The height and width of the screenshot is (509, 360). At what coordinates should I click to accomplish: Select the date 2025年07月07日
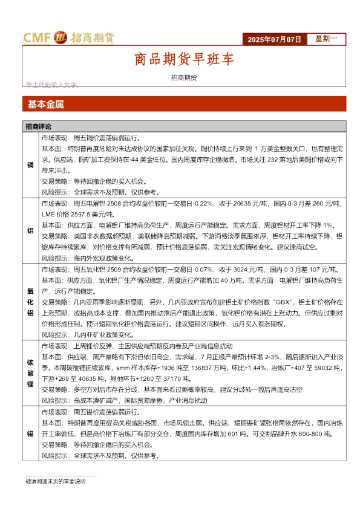[x=274, y=39]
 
